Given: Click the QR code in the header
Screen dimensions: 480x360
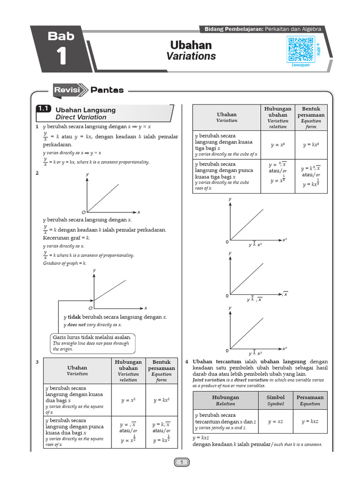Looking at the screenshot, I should point(300,49).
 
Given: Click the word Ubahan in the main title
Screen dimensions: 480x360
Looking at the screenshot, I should point(191,45).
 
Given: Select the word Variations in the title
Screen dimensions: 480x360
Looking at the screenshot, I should point(191,56).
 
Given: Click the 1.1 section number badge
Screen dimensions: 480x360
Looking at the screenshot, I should point(44,109).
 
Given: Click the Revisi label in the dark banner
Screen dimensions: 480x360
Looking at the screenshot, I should point(67,90).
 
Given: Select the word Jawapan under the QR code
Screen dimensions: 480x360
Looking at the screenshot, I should point(301,66).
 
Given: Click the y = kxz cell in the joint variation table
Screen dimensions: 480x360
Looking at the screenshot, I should point(310,422).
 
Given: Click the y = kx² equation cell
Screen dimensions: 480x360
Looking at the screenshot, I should point(161,400).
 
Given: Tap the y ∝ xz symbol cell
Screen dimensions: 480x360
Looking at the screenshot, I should point(275,422).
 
